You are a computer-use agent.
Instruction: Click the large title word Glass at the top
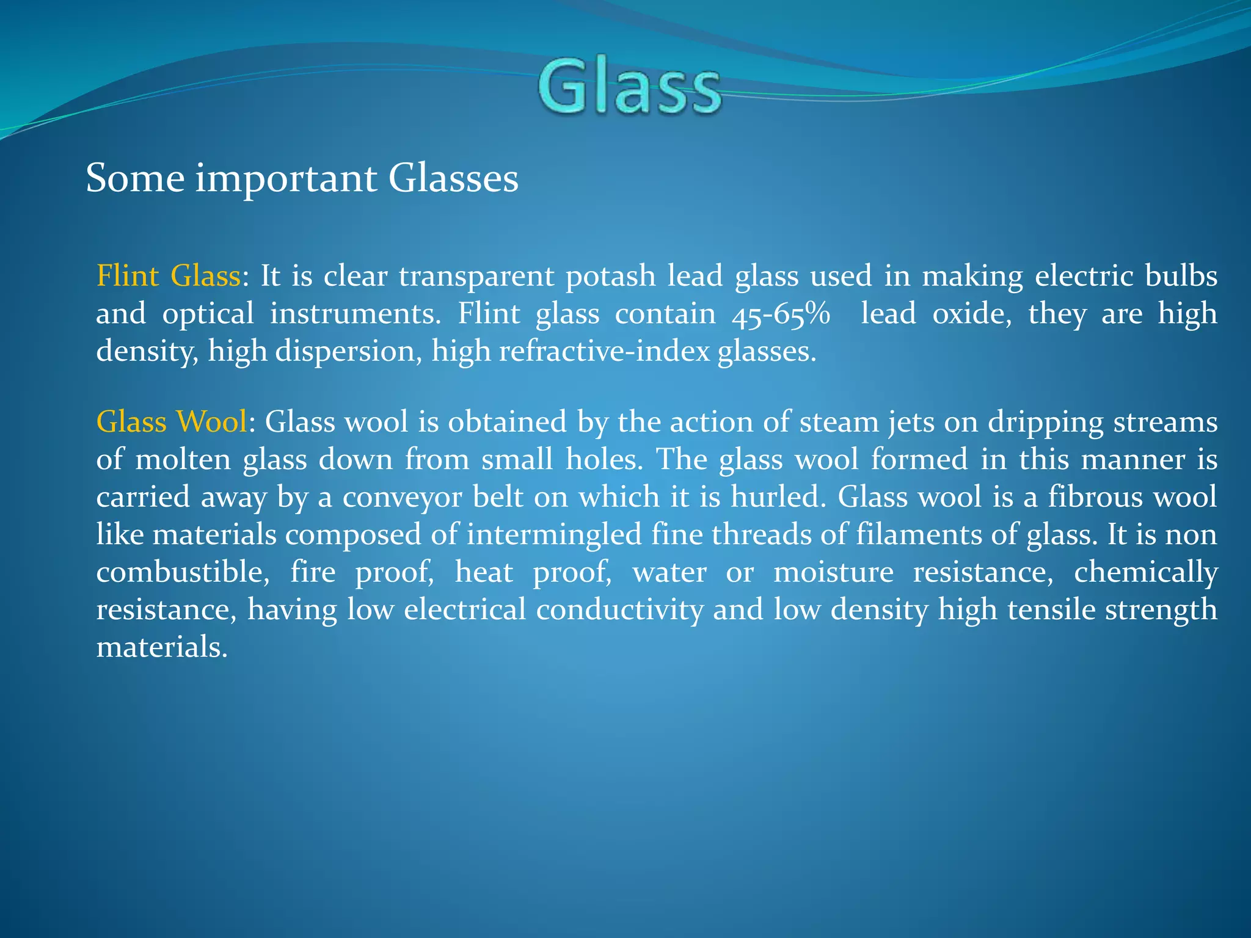click(629, 87)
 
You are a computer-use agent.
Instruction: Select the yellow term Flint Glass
click(169, 276)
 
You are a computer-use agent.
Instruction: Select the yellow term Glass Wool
click(172, 422)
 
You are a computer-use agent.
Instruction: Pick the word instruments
click(355, 314)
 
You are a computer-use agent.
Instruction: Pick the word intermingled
click(554, 536)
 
